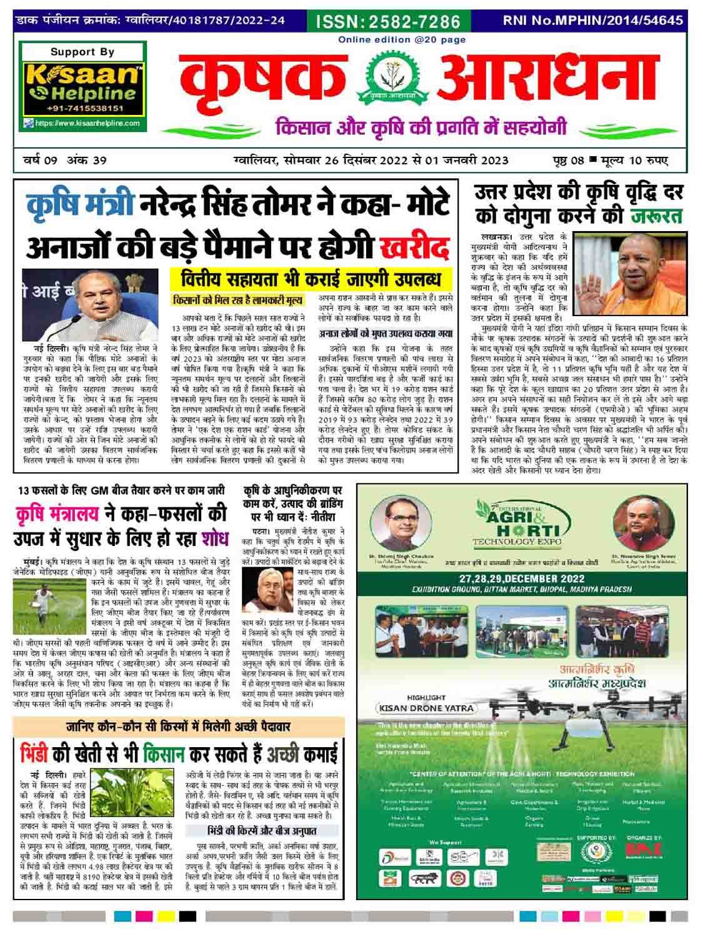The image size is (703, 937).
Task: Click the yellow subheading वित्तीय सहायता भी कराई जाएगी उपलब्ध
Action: [306, 278]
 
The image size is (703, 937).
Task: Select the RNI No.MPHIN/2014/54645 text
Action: [593, 20]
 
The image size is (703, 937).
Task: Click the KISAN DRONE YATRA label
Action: [425, 708]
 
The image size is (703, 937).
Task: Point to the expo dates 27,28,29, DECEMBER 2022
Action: [521, 578]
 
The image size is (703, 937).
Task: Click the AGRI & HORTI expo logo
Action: [519, 523]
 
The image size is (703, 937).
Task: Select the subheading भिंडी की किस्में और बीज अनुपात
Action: [262, 831]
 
